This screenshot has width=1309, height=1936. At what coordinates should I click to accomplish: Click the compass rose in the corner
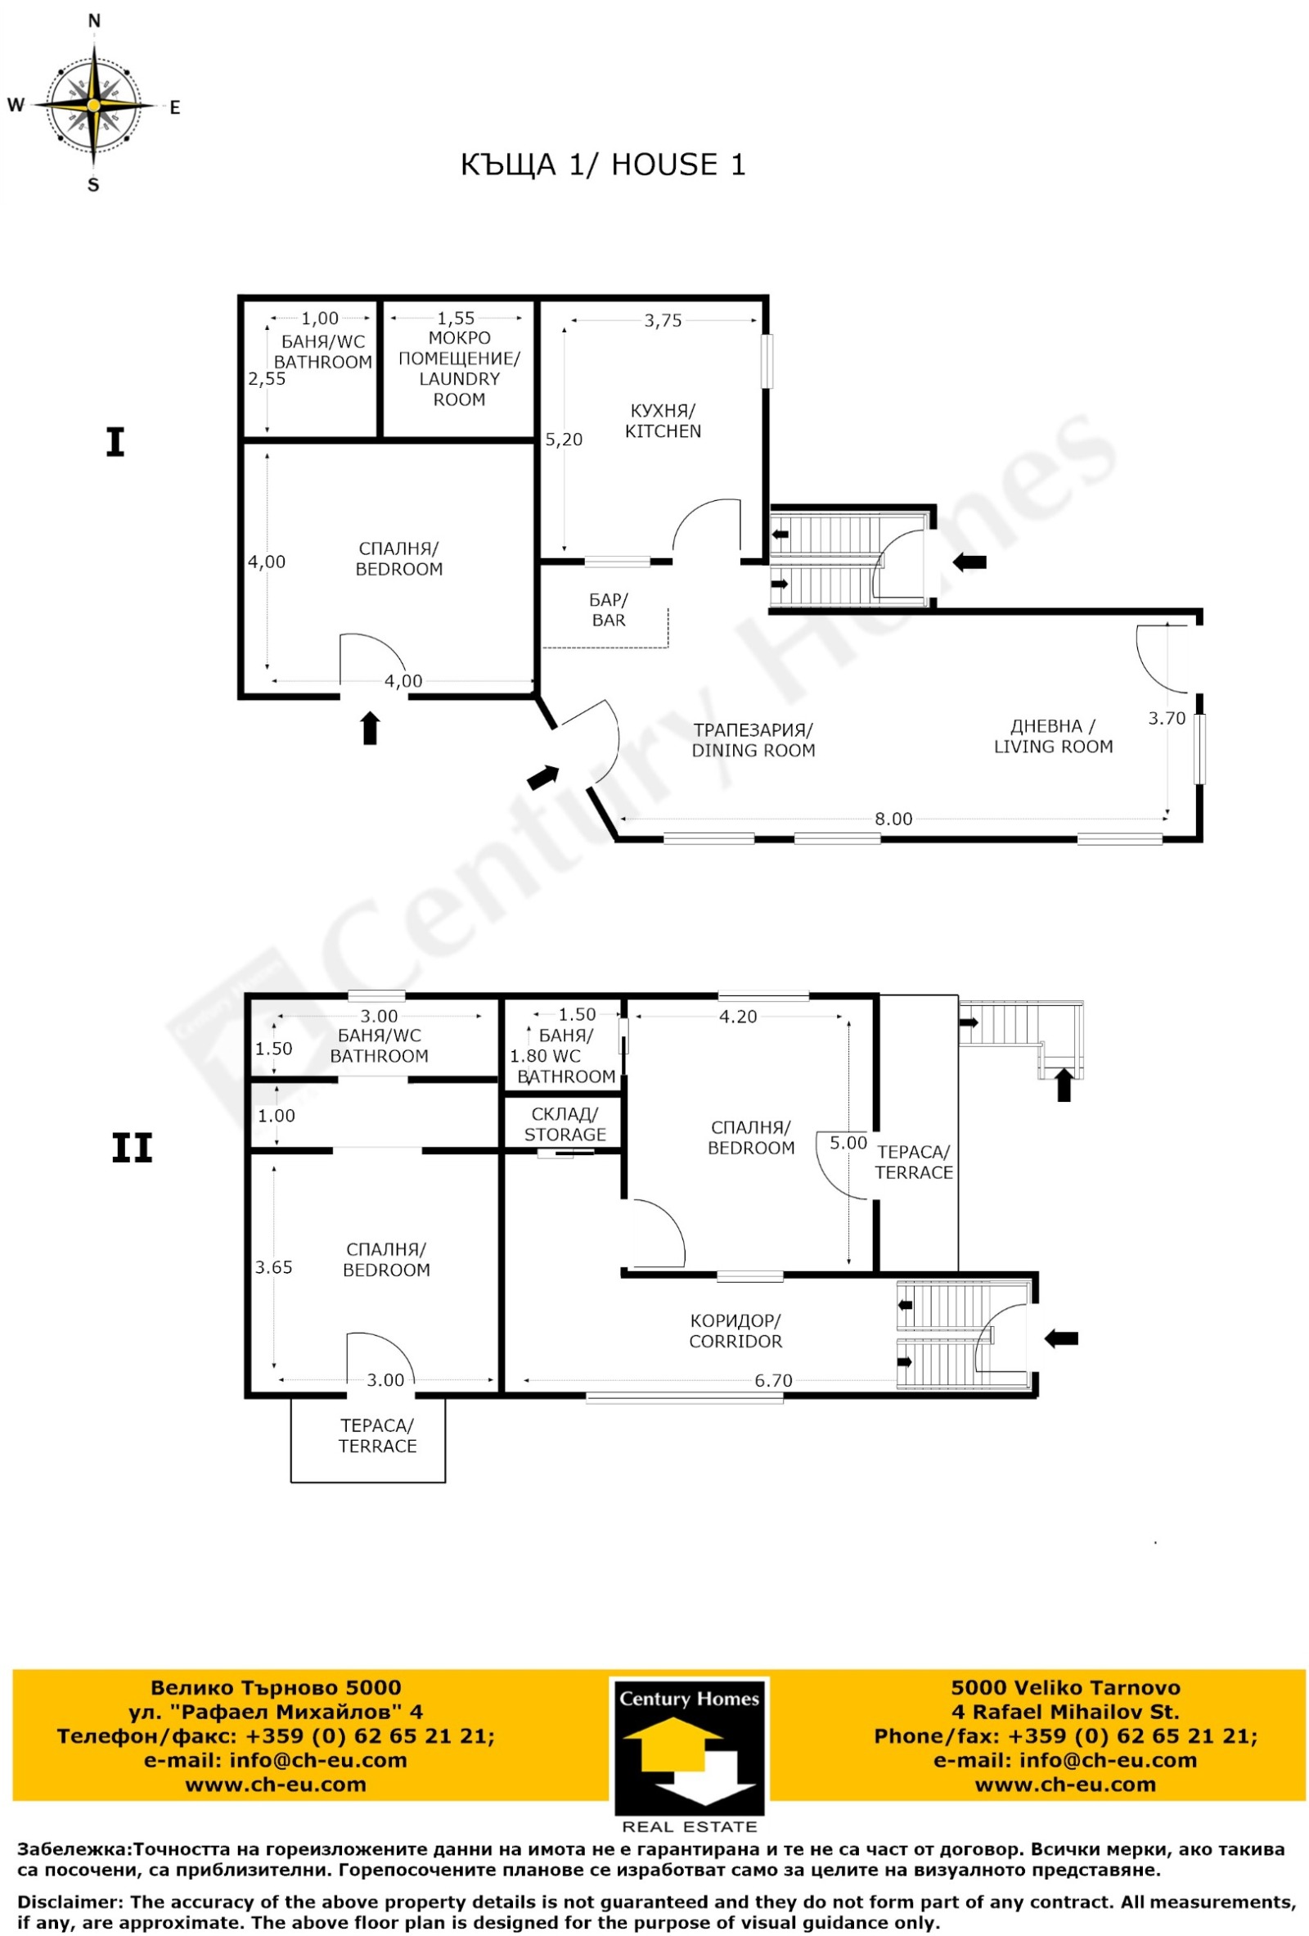[94, 105]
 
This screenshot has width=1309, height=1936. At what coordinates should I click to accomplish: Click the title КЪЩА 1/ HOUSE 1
[603, 164]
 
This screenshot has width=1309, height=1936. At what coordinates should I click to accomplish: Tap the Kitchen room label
[663, 421]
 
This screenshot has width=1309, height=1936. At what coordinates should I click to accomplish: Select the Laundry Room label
[459, 368]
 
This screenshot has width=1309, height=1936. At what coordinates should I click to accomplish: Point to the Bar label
[609, 610]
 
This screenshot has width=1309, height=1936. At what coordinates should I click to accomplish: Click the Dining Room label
[753, 740]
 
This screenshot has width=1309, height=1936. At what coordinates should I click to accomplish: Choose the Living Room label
[1053, 737]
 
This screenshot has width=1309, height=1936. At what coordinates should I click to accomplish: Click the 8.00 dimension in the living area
[893, 819]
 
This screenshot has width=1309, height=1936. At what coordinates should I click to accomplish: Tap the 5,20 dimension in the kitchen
[564, 439]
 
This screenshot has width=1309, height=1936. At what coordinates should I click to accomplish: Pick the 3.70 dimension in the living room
[1166, 718]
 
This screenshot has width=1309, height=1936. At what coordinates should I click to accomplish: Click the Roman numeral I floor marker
[115, 441]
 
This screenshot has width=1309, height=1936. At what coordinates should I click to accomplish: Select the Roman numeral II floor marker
[133, 1149]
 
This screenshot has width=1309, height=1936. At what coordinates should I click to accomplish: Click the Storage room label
[565, 1125]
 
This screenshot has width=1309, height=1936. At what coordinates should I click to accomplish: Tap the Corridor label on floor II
[735, 1331]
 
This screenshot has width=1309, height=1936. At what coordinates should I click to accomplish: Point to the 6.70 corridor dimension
[773, 1380]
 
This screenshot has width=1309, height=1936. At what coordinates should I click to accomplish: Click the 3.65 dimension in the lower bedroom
[273, 1267]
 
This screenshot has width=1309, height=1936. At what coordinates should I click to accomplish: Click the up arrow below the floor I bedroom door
[370, 727]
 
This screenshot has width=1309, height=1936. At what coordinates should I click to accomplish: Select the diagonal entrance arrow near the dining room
[543, 776]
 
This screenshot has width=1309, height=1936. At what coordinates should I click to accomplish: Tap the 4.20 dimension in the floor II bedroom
[738, 1017]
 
